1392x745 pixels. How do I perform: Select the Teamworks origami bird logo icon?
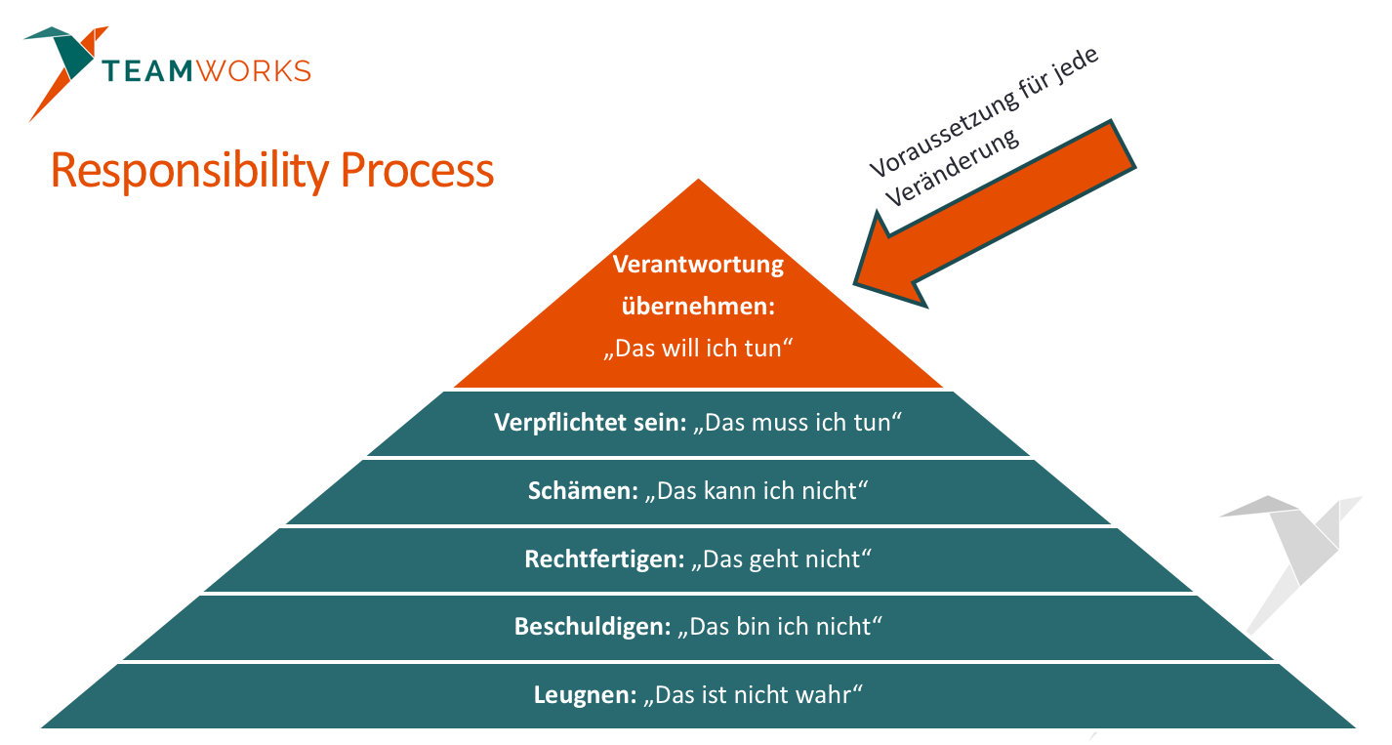[62, 64]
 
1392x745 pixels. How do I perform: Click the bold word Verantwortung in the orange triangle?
[698, 265]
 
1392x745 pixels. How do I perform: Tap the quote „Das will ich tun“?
[698, 348]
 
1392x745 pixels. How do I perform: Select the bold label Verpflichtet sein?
[591, 423]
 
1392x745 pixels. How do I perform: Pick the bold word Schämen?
[583, 491]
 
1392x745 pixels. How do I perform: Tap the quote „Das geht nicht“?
[781, 559]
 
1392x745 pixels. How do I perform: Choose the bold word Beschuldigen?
[592, 627]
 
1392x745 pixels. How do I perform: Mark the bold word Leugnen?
[585, 695]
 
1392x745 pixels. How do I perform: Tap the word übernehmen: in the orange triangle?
[698, 306]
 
